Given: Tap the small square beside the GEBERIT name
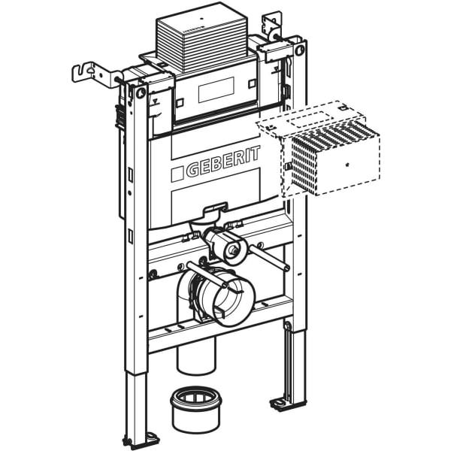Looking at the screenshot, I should (177, 174).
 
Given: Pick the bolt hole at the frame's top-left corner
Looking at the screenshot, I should (141, 92).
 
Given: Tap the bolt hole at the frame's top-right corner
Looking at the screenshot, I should (300, 51).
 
